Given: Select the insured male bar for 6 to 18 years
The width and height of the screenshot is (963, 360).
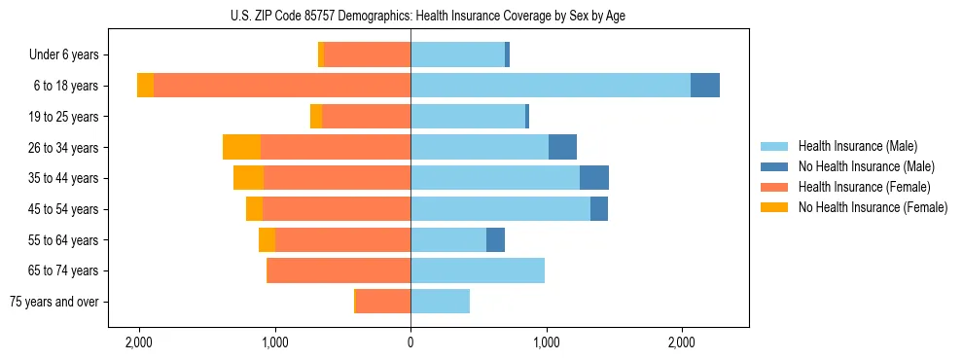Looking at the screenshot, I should coord(551,86).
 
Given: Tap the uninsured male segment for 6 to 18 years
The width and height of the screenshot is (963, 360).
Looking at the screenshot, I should coord(705,86).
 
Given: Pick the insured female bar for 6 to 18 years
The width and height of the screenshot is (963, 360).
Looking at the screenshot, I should coord(282,86).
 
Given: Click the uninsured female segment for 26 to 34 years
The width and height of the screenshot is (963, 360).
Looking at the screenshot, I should coord(241,147).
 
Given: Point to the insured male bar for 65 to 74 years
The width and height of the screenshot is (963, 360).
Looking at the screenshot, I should coord(478,270).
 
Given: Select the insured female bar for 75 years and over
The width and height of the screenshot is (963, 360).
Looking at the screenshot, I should coord(383,302).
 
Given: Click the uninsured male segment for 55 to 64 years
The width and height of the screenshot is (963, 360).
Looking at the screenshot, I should coord(495,239).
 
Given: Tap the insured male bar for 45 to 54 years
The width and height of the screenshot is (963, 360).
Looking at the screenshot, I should coord(500,209).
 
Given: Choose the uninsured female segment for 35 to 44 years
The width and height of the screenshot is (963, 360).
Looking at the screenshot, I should coord(248,178).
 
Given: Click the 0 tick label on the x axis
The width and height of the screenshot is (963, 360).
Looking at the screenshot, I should coord(410,342).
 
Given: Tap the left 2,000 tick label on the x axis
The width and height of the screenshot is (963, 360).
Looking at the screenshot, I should coord(139,342).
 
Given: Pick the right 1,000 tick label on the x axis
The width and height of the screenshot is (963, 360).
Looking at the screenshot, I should coord(546,342).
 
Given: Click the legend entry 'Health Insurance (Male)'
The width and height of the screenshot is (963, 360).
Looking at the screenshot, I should coord(857,146).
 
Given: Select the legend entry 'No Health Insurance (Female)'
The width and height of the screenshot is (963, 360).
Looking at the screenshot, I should coord(873,207).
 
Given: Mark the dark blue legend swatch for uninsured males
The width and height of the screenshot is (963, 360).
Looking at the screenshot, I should coord(774,166).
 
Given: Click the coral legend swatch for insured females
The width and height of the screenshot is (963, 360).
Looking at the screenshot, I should coord(774,187).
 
